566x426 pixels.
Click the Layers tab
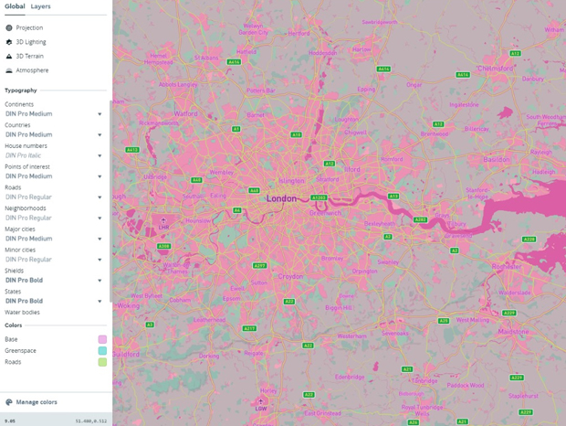[40, 6]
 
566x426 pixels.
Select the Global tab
[15, 6]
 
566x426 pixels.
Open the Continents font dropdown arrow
[100, 114]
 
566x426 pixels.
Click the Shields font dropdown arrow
[100, 281]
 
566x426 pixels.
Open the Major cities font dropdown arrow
[100, 239]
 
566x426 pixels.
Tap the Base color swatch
[102, 339]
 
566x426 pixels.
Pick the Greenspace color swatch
[102, 351]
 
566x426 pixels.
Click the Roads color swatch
[102, 362]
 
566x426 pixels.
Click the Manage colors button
[36, 402]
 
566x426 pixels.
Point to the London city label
[282, 197]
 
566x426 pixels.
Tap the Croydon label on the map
[290, 275]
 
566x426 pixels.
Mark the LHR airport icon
[163, 221]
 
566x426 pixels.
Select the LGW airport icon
[260, 401]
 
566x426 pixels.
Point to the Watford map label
[185, 114]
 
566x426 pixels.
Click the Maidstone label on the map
[513, 331]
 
